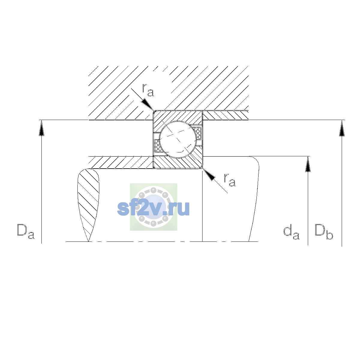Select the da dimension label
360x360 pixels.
291,232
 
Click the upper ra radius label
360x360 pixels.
148,90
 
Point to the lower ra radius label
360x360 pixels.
229,180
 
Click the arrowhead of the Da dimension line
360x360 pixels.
41,128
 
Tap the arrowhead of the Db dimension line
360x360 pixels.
342,128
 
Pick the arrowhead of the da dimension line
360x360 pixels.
308,164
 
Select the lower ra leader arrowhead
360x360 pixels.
209,175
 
